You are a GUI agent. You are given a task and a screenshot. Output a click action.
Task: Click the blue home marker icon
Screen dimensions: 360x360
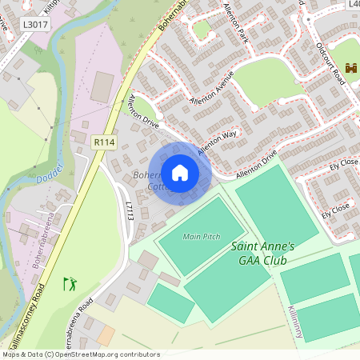[x=180, y=173]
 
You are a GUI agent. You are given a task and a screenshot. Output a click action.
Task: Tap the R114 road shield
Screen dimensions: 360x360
[x=104, y=142]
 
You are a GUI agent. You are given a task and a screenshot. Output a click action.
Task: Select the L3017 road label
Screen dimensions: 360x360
[x=35, y=25]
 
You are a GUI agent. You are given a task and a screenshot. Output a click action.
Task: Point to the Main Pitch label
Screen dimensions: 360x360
[x=201, y=237]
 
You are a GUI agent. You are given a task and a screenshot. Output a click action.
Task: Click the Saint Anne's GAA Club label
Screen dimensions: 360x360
[x=262, y=253]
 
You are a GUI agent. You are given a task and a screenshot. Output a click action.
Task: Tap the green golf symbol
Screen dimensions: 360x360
[x=70, y=283]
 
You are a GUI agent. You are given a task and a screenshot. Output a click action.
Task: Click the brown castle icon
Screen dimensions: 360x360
[x=350, y=69]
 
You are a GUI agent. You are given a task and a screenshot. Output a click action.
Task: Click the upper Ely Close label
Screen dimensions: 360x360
[x=342, y=166]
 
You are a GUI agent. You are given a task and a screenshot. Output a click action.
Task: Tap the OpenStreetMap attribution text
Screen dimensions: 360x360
[x=81, y=354]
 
